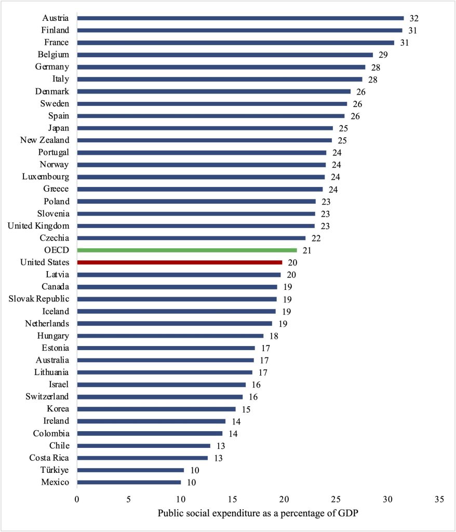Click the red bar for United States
tap(180, 262)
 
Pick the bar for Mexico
tap(129, 482)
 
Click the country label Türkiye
tap(55, 470)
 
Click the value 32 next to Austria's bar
tap(413, 18)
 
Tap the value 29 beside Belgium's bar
tap(383, 55)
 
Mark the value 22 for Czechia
tap(315, 238)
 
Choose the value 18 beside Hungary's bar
tap(273, 336)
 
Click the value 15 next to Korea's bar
tap(245, 409)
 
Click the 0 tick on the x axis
tap(77, 499)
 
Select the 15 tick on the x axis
tap(232, 499)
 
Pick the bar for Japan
tap(205, 128)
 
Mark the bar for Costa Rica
tap(142, 458)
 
